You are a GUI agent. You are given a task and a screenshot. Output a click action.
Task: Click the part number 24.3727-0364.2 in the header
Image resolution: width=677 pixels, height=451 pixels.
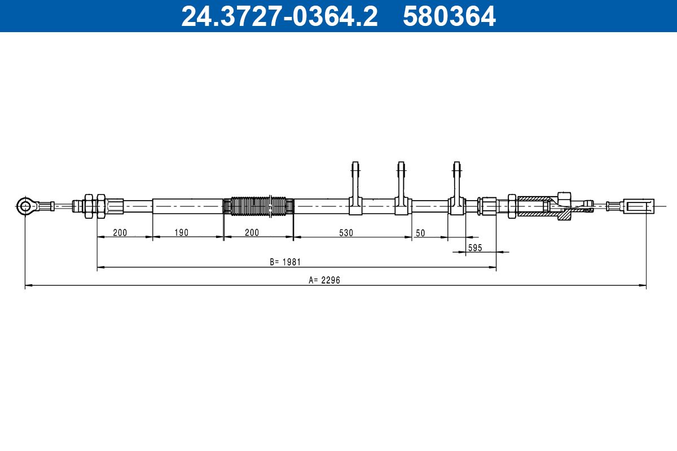pyautogui.click(x=279, y=16)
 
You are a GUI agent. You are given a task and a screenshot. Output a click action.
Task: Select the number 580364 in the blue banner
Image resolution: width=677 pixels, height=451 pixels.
pyautogui.click(x=449, y=16)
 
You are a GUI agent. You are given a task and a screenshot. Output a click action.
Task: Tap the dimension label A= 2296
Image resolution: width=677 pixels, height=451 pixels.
pyautogui.click(x=324, y=280)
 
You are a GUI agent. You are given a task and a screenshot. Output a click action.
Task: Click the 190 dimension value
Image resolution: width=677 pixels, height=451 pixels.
pyautogui.click(x=181, y=232)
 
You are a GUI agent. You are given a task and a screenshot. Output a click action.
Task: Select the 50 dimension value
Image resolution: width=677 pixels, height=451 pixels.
pyautogui.click(x=420, y=232)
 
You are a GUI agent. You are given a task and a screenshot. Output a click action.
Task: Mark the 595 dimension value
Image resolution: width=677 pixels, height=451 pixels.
pyautogui.click(x=475, y=247)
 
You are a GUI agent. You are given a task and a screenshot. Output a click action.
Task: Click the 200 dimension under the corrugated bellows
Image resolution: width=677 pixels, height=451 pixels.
pyautogui.click(x=252, y=232)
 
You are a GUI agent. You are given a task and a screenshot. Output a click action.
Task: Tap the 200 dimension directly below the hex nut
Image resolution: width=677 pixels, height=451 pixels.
pyautogui.click(x=120, y=232)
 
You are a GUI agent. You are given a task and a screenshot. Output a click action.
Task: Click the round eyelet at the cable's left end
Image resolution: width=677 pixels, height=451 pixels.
pyautogui.click(x=25, y=206)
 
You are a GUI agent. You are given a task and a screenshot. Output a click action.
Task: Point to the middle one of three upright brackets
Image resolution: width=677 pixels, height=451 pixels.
pyautogui.click(x=401, y=189)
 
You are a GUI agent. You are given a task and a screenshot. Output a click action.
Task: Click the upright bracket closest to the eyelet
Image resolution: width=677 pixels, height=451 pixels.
pyautogui.click(x=355, y=189)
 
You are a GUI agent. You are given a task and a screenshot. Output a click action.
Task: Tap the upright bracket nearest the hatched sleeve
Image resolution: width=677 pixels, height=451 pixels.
pyautogui.click(x=457, y=189)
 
